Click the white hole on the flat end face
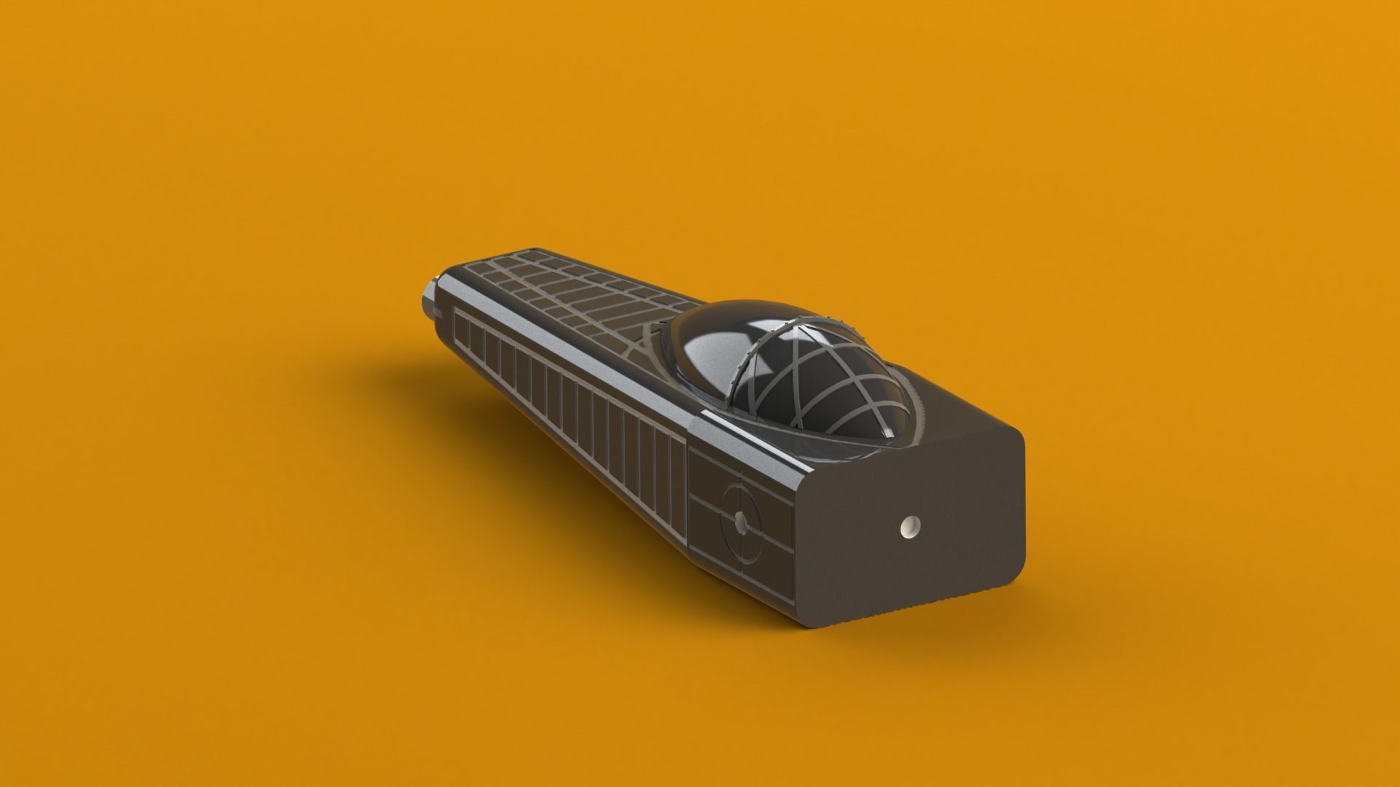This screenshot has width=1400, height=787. point(911,525)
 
